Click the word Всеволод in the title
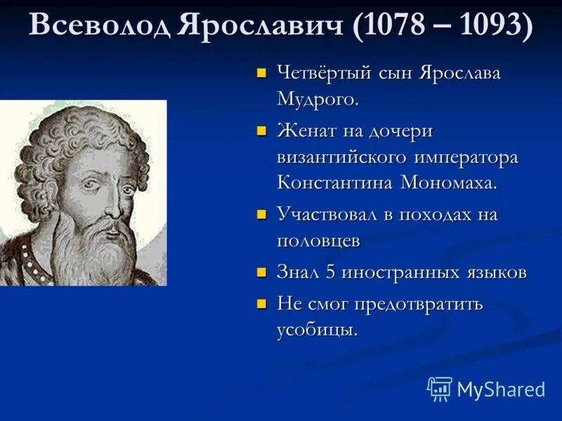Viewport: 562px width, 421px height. click(x=99, y=26)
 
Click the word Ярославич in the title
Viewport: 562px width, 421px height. click(x=261, y=26)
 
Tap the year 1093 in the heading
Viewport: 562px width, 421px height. click(x=489, y=26)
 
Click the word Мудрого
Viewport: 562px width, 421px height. click(x=318, y=99)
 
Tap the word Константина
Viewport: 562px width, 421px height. click(x=335, y=183)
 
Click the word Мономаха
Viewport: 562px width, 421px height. click(x=449, y=183)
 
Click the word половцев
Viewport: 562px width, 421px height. click(x=318, y=241)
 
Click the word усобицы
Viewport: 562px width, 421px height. click(x=317, y=330)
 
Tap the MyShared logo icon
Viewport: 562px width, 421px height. click(x=440, y=389)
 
